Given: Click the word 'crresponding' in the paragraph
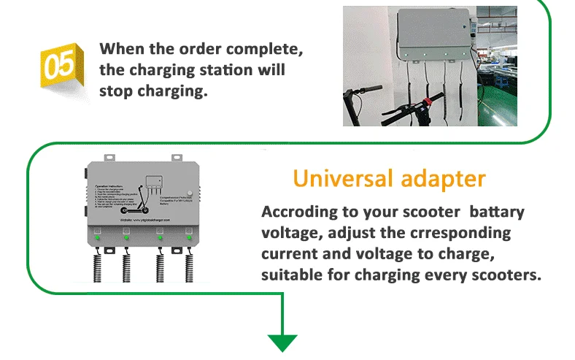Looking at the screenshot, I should click(463, 234).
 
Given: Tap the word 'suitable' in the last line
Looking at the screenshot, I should click(291, 275).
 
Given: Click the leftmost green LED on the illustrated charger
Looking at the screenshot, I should click(96, 237).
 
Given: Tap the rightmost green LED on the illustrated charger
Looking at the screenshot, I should click(188, 237).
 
